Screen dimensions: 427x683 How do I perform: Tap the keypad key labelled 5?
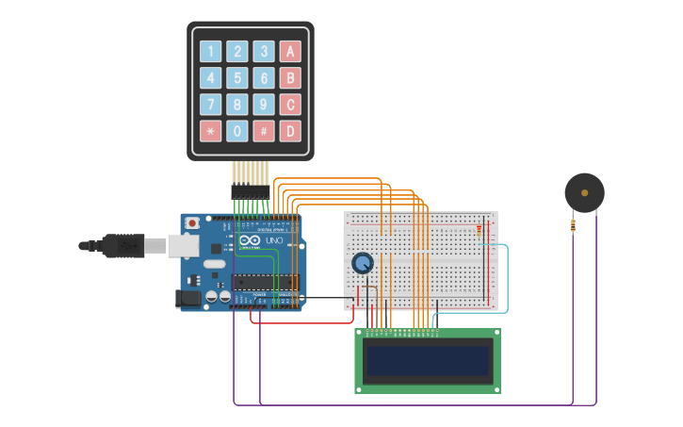[x=238, y=78]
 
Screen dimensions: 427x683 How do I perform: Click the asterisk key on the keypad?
[x=211, y=131]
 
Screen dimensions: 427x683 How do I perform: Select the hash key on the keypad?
[x=265, y=131]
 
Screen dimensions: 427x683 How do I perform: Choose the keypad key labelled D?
[x=291, y=131]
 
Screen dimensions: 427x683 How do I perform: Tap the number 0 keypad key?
[x=238, y=131]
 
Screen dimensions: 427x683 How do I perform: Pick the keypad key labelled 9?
[x=265, y=105]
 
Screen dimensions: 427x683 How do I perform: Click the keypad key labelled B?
[x=291, y=78]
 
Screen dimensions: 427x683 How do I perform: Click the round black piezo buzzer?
[x=584, y=193]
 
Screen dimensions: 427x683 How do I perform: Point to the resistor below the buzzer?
[x=573, y=225]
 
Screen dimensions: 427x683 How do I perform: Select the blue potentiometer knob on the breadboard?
[x=362, y=263]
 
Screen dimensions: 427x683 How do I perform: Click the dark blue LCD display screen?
[x=429, y=360]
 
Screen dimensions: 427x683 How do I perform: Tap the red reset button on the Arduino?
[x=192, y=223]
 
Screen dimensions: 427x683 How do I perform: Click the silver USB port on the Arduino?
[x=184, y=246]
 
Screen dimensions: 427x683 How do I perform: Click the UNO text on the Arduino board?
[x=273, y=241]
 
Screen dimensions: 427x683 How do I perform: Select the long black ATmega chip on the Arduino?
[x=266, y=281]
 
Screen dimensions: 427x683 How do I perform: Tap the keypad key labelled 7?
[x=211, y=105]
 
